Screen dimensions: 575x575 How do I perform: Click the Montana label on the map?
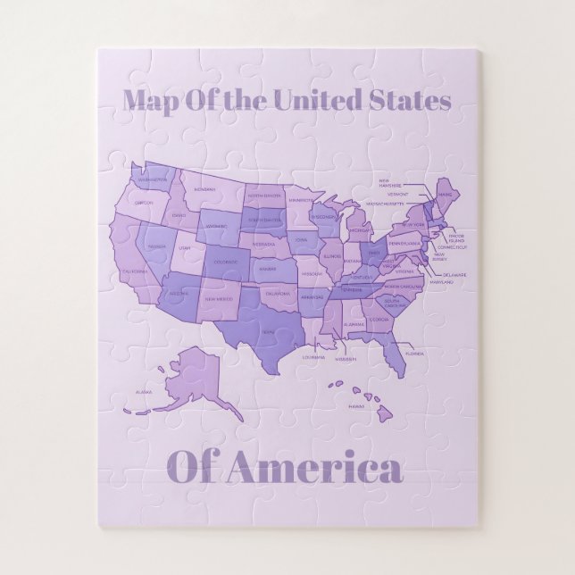205,189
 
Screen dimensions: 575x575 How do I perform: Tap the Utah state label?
185,247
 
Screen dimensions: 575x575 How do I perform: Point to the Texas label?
268,332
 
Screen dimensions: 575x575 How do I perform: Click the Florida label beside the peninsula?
414,354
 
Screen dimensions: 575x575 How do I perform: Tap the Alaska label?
143,392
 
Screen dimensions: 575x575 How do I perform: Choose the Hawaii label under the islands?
356,406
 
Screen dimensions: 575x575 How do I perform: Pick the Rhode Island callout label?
455,238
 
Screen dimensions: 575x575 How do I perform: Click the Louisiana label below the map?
313,357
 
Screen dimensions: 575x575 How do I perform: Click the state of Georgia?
380,319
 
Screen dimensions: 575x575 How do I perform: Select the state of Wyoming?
216,227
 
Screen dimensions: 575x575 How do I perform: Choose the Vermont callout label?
398,194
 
